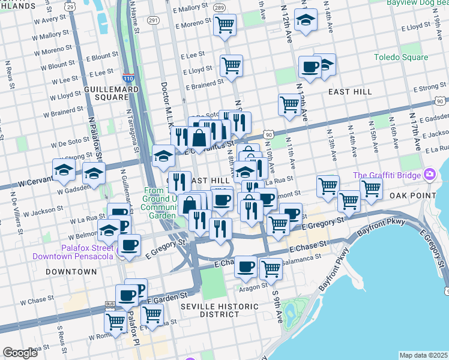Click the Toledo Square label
click(x=401, y=58)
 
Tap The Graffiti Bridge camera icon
click(x=430, y=175)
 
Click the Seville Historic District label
click(x=219, y=310)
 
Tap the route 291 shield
click(x=153, y=20)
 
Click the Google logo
click(x=20, y=353)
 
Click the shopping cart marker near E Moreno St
click(x=224, y=25)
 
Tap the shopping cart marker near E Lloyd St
click(x=231, y=65)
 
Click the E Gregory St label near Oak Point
click(x=324, y=223)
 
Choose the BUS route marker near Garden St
click(x=110, y=304)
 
